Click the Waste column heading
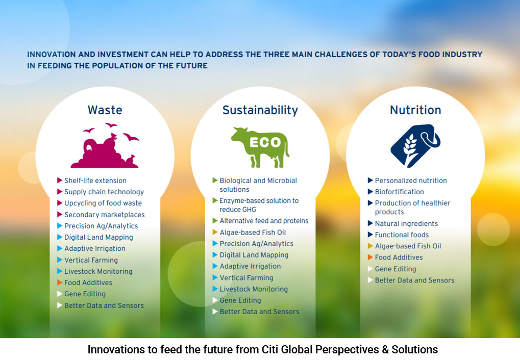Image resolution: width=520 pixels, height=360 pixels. click(105, 110)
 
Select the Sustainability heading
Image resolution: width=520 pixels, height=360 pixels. click(260, 110)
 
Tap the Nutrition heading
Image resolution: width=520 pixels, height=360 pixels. click(415, 110)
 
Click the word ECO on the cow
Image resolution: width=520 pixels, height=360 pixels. click(265, 143)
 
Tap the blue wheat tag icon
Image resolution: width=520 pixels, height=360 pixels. click(415, 146)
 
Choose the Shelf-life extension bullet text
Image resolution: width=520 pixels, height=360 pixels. click(95, 181)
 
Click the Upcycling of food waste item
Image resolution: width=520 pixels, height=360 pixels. click(103, 203)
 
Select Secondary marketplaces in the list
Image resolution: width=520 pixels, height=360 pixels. click(105, 215)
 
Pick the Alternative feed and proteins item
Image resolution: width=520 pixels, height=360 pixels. click(264, 221)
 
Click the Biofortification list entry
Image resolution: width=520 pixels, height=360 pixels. click(399, 192)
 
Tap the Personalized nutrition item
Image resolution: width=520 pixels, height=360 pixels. click(411, 181)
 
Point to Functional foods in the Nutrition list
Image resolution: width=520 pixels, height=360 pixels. click(402, 235)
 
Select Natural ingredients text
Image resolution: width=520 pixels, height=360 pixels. click(406, 224)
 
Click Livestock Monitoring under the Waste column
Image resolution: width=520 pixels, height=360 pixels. click(98, 271)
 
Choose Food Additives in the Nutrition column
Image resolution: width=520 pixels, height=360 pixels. click(399, 258)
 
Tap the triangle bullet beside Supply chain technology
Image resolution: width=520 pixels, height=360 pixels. click(60, 192)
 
